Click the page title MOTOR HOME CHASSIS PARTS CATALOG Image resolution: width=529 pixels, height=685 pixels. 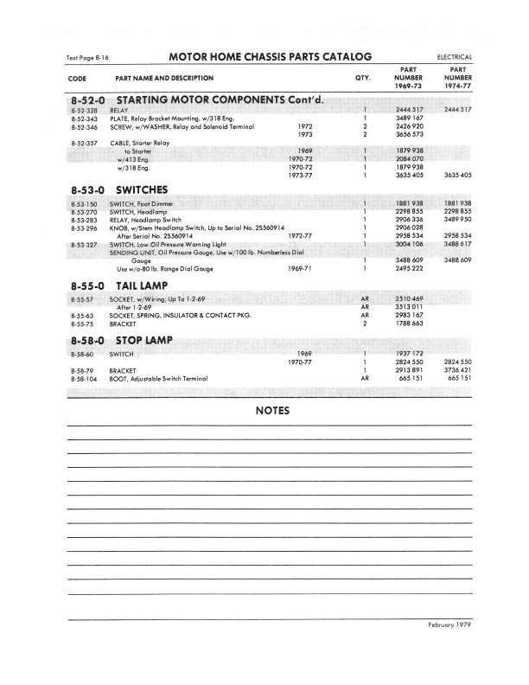(x=271, y=56)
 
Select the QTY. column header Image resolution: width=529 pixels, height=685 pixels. (x=363, y=78)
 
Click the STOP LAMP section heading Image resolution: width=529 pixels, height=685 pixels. (x=145, y=341)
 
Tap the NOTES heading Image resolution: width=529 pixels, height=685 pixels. (x=272, y=411)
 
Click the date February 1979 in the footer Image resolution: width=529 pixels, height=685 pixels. (x=449, y=624)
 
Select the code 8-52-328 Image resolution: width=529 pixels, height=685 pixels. (x=84, y=111)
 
